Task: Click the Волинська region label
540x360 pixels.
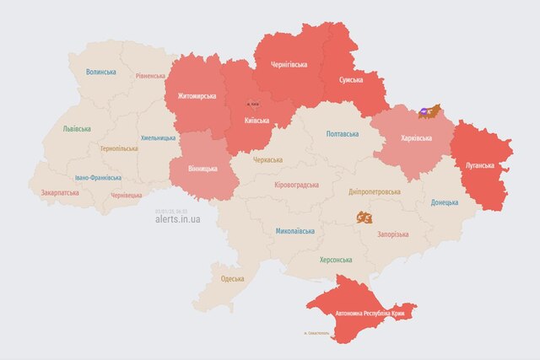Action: point(100,73)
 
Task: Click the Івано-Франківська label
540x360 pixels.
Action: point(97,178)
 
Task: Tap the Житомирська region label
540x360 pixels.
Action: point(197,95)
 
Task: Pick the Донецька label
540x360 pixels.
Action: point(445,202)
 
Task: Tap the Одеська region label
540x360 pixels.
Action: point(232,278)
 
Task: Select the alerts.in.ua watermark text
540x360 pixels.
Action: point(178,219)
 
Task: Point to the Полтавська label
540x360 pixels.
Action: point(342,134)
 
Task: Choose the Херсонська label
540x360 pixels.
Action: point(336,260)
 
